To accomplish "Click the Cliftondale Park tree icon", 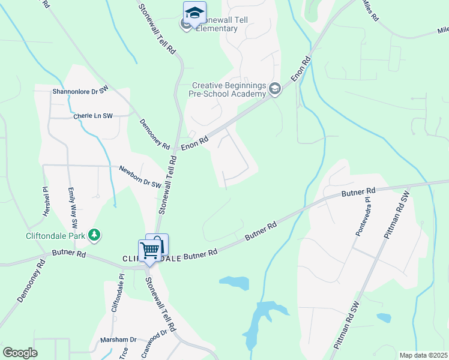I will tap(94, 235).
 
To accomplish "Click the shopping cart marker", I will tap(149, 251).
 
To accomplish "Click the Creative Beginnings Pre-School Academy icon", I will tap(275, 89).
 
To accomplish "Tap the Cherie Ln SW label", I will tap(93, 116).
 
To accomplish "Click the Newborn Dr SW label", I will tap(140, 177).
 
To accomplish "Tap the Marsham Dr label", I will tap(119, 340).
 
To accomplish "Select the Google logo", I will tap(20, 353).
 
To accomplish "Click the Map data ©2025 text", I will tap(423, 355).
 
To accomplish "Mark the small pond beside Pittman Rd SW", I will tap(383, 318).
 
